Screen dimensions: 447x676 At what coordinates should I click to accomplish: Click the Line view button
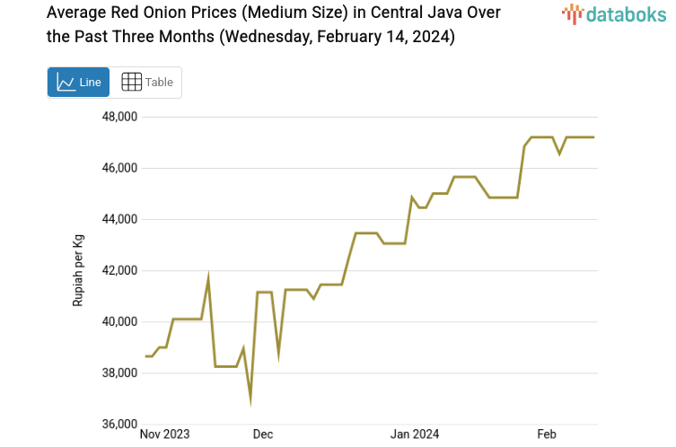(78, 82)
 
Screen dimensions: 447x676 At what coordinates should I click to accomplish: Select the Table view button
(146, 82)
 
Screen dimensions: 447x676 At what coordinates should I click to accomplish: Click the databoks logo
(612, 13)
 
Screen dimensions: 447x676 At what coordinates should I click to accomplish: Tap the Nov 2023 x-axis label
(165, 434)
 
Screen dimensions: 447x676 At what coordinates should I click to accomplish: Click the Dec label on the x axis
(263, 434)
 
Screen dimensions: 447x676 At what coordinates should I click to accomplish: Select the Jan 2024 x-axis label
(414, 434)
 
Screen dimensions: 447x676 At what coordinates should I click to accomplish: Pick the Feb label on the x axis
(547, 434)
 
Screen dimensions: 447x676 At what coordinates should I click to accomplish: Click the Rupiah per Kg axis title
(78, 270)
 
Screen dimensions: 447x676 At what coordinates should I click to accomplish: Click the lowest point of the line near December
(250, 400)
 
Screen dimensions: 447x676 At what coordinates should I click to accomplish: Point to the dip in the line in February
(559, 153)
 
